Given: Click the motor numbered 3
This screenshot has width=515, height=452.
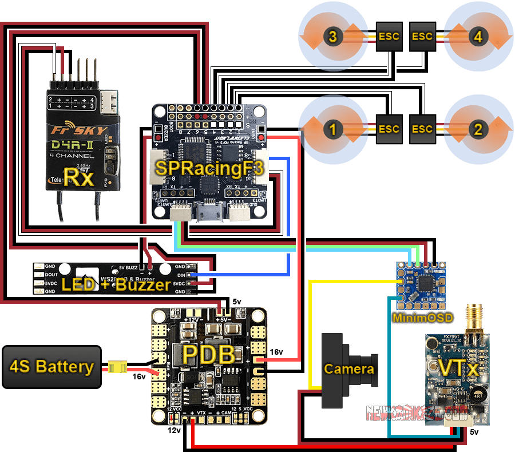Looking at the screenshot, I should coord(333,37).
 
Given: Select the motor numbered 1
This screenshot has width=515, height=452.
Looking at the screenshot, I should coord(333,129).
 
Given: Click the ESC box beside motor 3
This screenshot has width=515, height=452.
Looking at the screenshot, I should coord(389,37).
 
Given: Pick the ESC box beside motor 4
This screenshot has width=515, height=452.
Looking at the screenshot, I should coord(422,37).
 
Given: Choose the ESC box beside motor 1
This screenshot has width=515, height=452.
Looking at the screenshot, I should coord(389,129).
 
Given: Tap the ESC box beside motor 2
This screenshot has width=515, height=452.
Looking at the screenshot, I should coord(422,129).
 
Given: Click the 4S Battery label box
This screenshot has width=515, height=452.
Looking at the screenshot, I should coord(51,367).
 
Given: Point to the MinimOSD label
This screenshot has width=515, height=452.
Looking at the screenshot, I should coord(422,318).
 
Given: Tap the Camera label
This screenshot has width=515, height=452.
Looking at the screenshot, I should coord(349,369).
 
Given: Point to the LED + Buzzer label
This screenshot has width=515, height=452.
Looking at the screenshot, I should coord(116,284).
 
